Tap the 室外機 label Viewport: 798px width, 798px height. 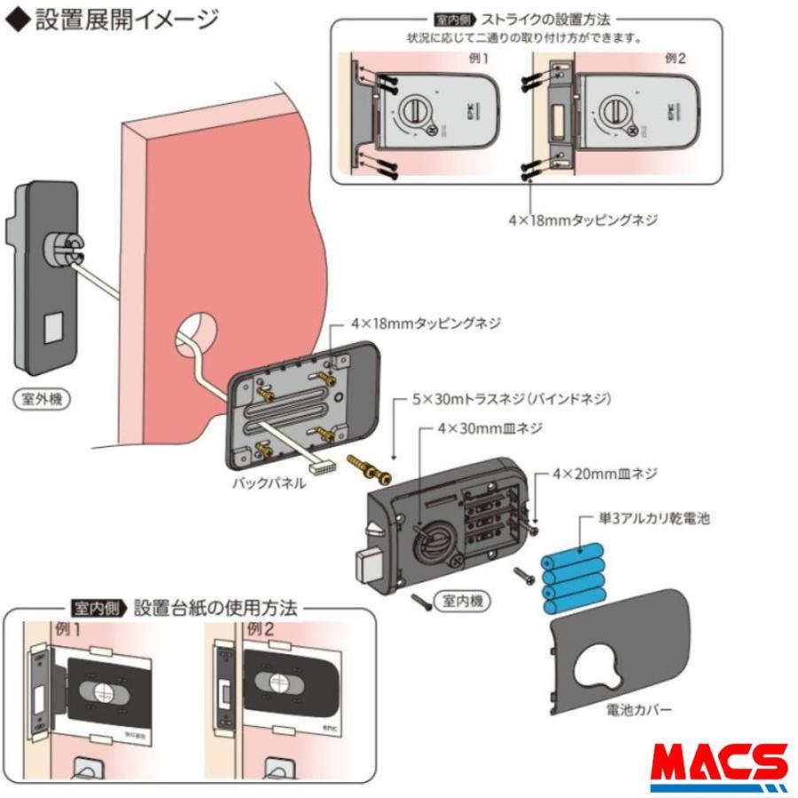[x=43, y=400]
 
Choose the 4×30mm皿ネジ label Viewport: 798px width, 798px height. [x=502, y=428]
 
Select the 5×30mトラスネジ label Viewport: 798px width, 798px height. [x=513, y=400]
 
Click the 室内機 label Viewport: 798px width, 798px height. [x=461, y=602]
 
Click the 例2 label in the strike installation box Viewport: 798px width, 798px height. [x=676, y=58]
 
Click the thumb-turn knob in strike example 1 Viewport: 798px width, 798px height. [x=414, y=113]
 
